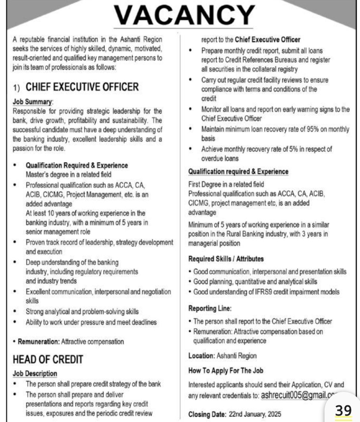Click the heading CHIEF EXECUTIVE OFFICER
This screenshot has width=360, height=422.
[x=82, y=87]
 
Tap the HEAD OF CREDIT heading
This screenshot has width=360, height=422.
[x=48, y=360]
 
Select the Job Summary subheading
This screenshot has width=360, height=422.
[x=32, y=102]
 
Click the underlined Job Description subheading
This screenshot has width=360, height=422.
[x=35, y=374]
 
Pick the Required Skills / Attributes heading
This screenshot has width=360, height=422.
[x=226, y=259]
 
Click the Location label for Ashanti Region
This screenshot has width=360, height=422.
[x=202, y=356]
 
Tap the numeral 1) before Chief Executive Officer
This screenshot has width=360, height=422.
[x=17, y=87]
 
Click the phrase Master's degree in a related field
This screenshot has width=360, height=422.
[x=69, y=174]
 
